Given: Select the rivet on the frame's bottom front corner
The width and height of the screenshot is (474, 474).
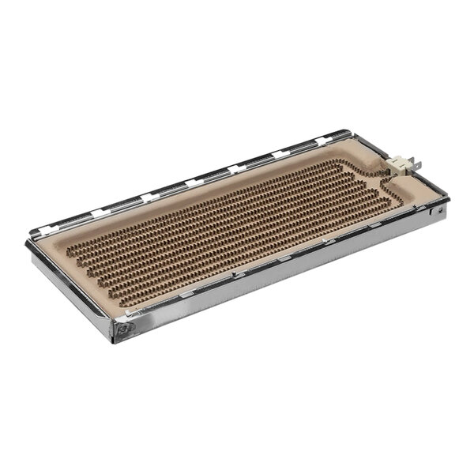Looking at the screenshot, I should (x=125, y=327).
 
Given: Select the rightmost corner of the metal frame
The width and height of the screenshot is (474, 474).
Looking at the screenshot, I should (x=447, y=201).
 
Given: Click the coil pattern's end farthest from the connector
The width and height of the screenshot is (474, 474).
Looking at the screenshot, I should (x=87, y=253).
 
